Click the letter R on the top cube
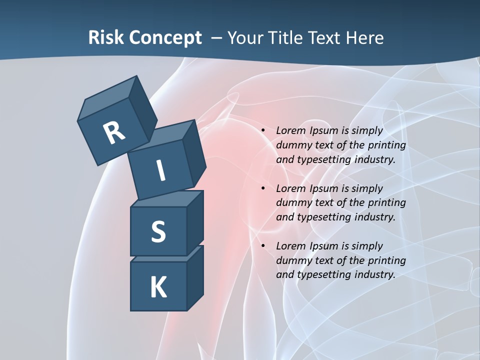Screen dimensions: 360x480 click(x=114, y=133)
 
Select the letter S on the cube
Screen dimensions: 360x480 click(x=158, y=231)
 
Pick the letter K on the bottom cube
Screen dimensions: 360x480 click(x=158, y=287)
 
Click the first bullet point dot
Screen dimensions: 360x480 click(x=263, y=130)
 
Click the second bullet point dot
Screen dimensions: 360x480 click(x=263, y=188)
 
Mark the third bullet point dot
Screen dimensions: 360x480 click(x=263, y=246)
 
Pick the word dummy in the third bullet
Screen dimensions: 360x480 click(x=294, y=260)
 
